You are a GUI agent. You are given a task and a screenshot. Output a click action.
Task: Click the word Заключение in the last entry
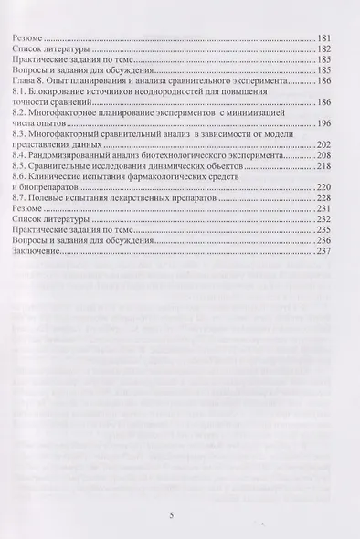(x=34, y=251)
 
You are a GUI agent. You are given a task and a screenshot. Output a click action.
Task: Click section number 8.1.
(x=17, y=93)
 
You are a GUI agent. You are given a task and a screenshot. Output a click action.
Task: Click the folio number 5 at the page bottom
(x=184, y=515)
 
